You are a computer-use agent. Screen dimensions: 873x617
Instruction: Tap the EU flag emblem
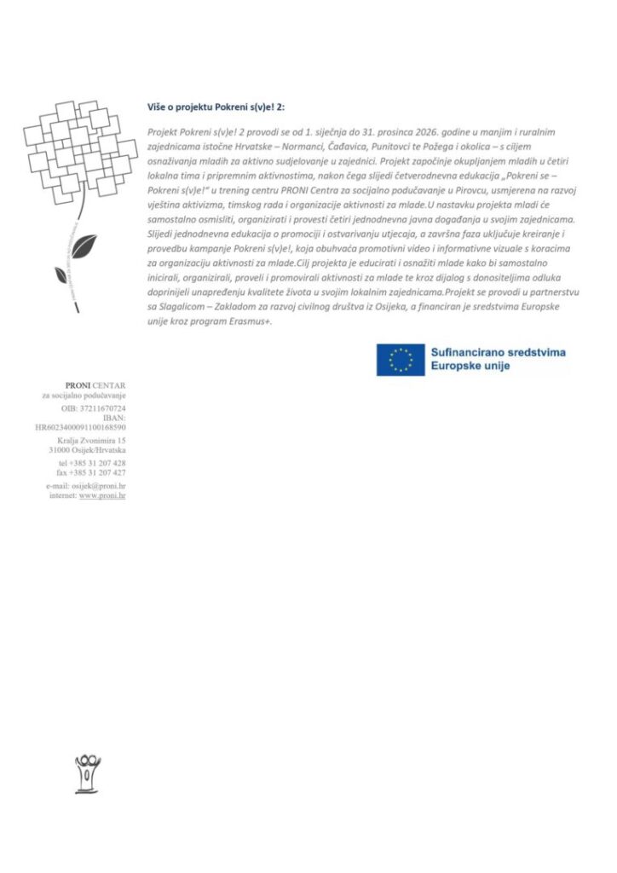(401, 359)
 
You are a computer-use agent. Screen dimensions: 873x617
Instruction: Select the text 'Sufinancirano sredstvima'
(498, 351)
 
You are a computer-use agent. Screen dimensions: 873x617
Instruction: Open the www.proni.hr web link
(102, 494)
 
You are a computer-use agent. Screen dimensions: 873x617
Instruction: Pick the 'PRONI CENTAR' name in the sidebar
(95, 386)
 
